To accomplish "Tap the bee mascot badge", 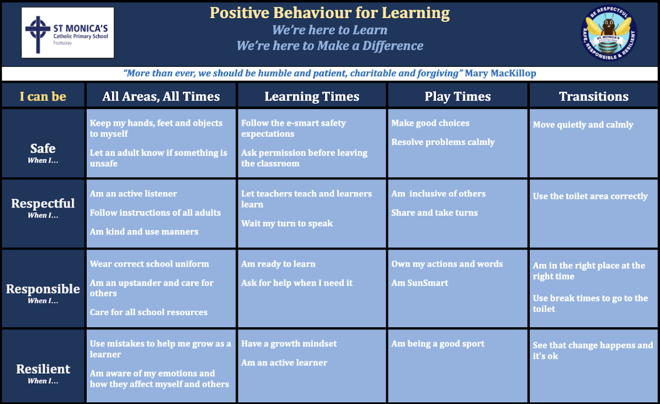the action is coord(609,33).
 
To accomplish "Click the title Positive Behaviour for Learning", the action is coord(329,13).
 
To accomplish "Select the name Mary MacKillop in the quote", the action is coord(500,73).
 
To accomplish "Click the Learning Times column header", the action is coord(312,97).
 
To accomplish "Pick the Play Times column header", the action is coord(457,97).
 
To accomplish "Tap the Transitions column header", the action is coord(593,97).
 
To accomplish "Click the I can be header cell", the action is coord(43,97).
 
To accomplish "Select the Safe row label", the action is coord(43,148).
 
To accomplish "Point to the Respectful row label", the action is coord(43,203).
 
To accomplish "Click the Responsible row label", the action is coord(43,289).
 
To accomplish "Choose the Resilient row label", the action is coord(43,369).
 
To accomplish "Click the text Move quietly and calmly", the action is coord(583,125).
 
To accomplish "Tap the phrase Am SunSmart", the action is coord(419,283).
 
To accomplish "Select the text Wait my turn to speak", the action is coord(286,224).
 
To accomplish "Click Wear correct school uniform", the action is coord(149,264).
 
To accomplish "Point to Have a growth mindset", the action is coord(289,344).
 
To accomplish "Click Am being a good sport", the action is coord(438,344).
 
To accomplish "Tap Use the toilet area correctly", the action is coord(590,196).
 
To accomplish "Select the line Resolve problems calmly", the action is coord(443,142).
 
